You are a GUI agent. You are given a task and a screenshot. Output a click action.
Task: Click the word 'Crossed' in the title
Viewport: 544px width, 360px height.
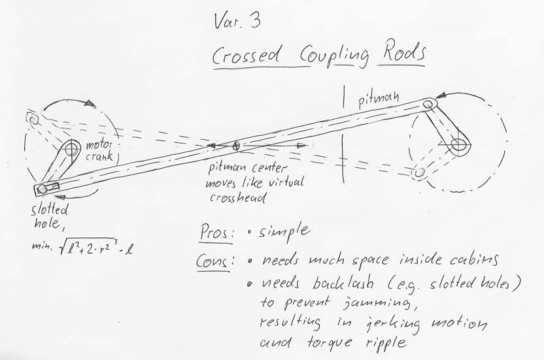click(x=246, y=55)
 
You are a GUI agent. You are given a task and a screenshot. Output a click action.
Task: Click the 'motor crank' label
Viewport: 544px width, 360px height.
click(x=100, y=150)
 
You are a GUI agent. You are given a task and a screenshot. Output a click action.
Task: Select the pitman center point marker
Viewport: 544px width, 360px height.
click(x=236, y=146)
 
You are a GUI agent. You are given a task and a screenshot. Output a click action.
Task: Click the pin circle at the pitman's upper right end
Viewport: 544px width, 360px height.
click(x=428, y=104)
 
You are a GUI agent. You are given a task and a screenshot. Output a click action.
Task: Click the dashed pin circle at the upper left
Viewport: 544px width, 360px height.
click(x=33, y=120)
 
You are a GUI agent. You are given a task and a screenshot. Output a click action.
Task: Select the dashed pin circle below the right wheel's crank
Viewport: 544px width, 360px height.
click(x=420, y=172)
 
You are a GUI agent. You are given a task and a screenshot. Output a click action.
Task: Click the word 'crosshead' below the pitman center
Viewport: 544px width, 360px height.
click(x=237, y=198)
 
